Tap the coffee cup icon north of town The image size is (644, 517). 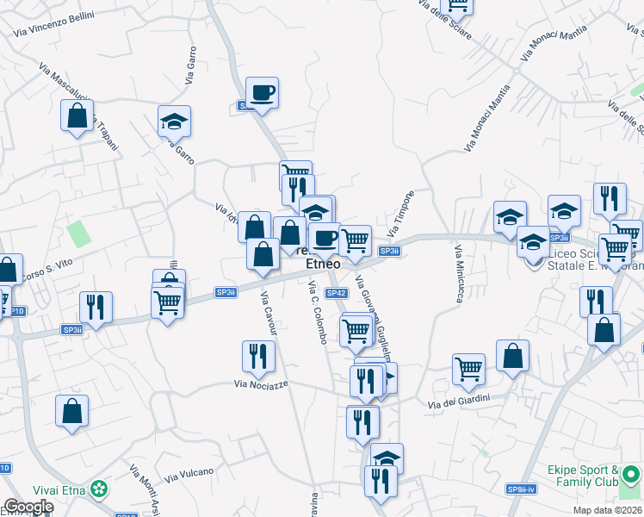click(262, 92)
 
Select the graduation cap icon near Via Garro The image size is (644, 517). click(174, 122)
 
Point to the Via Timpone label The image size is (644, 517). click(400, 214)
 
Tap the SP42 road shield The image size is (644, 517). click(336, 293)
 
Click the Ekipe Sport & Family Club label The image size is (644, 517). click(583, 476)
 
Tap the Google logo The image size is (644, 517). click(28, 507)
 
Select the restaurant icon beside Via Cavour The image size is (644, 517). click(257, 355)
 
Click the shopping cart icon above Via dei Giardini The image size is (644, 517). click(468, 369)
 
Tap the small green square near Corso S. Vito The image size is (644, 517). click(79, 233)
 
